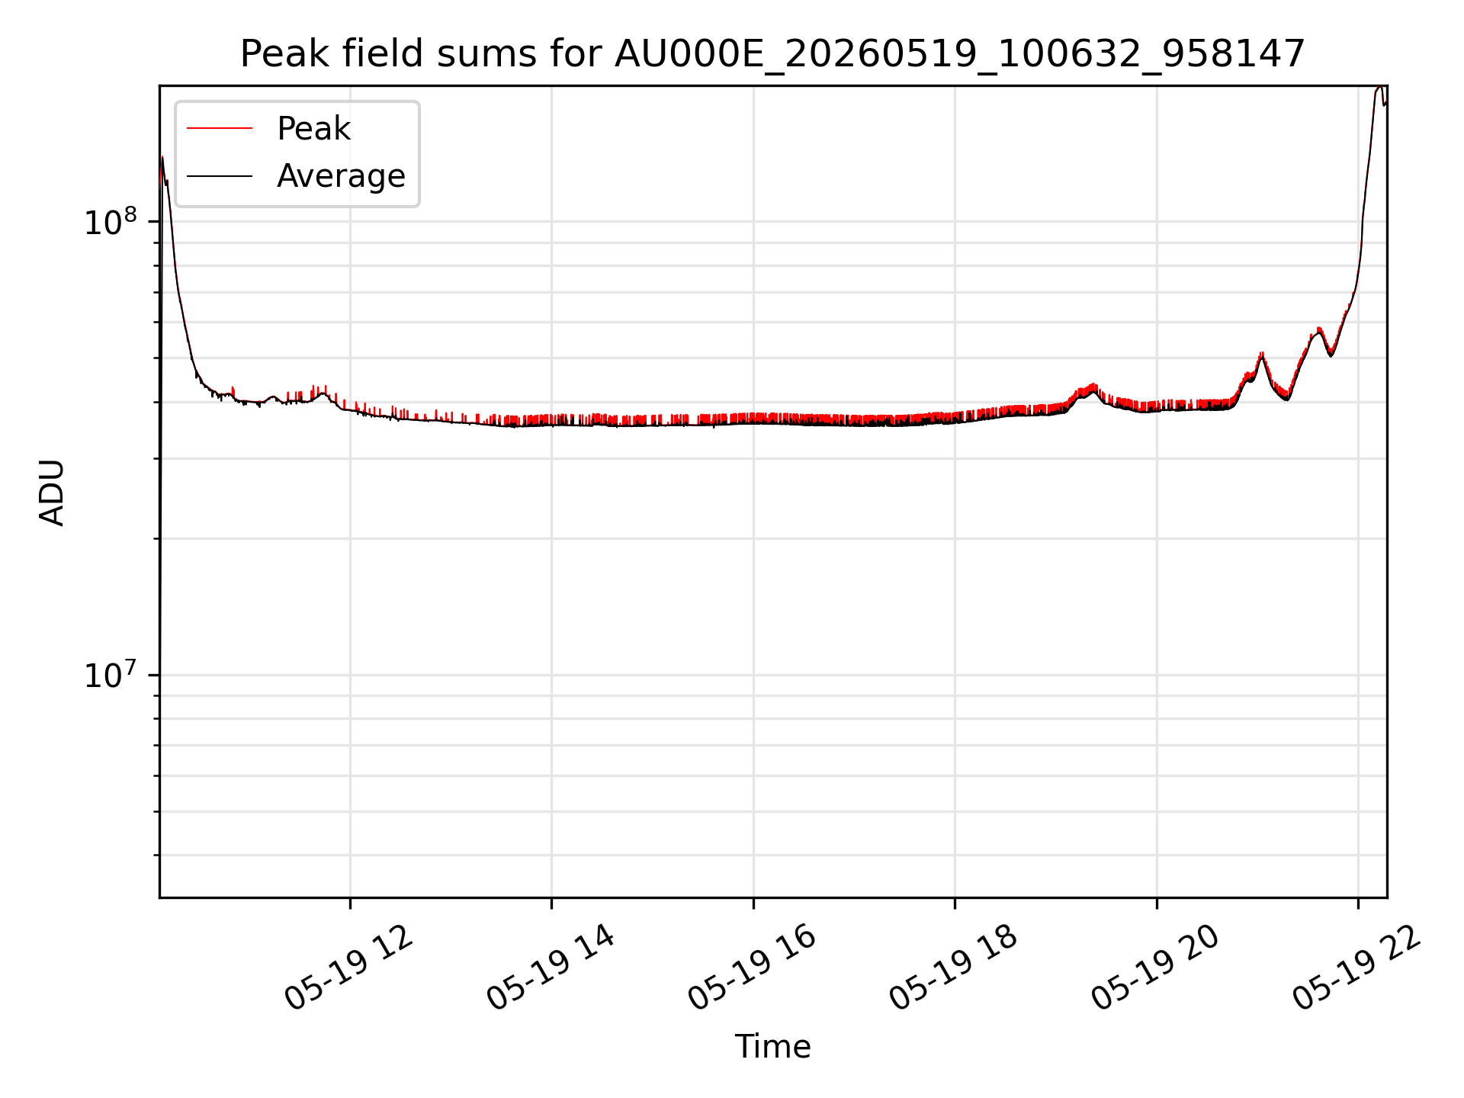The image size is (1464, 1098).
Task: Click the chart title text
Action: click(772, 54)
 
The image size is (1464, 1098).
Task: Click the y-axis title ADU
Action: click(52, 492)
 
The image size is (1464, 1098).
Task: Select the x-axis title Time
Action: click(772, 1046)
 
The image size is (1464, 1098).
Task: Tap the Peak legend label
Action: click(313, 129)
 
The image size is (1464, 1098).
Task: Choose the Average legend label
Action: click(341, 176)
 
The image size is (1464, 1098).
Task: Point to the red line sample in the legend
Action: click(220, 129)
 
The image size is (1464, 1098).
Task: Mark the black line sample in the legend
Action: click(220, 176)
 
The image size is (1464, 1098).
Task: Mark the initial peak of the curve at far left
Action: click(162, 158)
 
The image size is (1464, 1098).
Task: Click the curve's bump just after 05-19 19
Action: click(1093, 387)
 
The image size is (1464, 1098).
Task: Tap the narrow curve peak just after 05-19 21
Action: click(1262, 354)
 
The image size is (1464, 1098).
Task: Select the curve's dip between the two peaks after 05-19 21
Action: click(1286, 397)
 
